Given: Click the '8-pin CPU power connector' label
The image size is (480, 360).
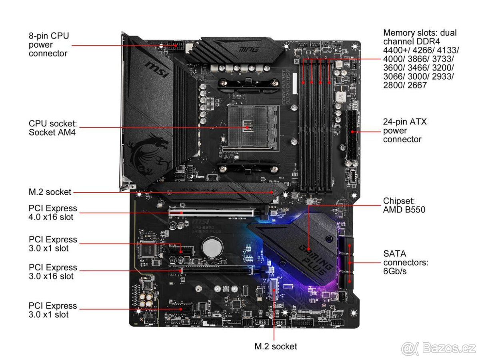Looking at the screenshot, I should pyautogui.click(x=48, y=44).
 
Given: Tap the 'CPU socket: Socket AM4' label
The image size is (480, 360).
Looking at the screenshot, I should pyautogui.click(x=52, y=128).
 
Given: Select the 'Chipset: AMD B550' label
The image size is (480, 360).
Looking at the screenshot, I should pyautogui.click(x=404, y=205).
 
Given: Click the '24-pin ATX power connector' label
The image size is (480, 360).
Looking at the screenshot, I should pyautogui.click(x=404, y=130).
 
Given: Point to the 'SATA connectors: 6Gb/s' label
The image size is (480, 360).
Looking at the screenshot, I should pyautogui.click(x=406, y=262).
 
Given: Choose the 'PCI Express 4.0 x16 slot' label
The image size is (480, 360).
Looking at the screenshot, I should pyautogui.click(x=53, y=212).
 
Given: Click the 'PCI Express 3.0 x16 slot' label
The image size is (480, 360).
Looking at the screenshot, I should pyautogui.click(x=53, y=272).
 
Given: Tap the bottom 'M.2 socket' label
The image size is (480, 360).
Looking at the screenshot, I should pyautogui.click(x=276, y=346).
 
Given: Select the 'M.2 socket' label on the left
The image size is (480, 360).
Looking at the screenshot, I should pyautogui.click(x=50, y=192).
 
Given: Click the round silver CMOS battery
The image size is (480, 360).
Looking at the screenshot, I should pyautogui.click(x=212, y=247).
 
